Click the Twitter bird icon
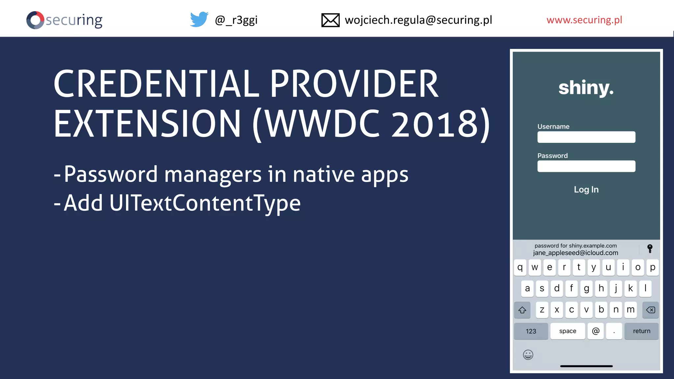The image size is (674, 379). (199, 19)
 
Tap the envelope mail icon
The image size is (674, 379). (330, 20)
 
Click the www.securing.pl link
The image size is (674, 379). (584, 20)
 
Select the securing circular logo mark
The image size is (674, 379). (35, 20)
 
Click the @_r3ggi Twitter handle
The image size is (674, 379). (236, 20)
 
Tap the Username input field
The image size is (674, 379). (586, 137)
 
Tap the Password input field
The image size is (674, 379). (586, 166)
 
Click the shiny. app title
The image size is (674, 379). (586, 88)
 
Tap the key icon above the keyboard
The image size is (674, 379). (650, 249)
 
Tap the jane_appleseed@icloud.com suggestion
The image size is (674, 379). (575, 253)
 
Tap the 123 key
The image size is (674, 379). (531, 331)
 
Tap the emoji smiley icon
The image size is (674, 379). (528, 355)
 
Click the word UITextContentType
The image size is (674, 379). (205, 203)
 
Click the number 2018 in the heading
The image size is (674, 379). (435, 124)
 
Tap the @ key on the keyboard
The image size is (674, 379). (595, 331)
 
